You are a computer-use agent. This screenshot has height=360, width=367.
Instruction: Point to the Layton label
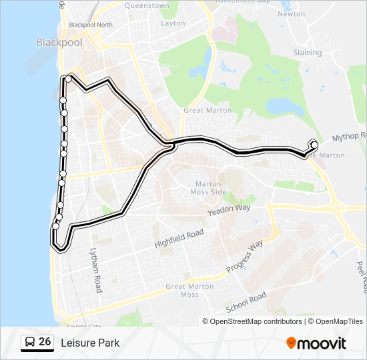173,23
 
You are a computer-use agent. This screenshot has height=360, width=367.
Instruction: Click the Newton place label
291,13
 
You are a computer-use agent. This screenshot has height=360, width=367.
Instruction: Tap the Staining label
307,53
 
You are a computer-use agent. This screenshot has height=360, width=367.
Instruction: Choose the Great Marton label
208,111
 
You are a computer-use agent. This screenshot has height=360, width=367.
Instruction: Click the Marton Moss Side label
212,188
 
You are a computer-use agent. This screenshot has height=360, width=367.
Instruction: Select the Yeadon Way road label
228,209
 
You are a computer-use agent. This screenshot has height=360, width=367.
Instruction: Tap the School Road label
246,302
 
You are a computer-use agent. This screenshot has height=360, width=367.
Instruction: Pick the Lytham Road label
96,270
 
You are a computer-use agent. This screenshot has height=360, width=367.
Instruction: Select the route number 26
45,342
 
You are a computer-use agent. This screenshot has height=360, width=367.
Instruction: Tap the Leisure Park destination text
90,343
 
